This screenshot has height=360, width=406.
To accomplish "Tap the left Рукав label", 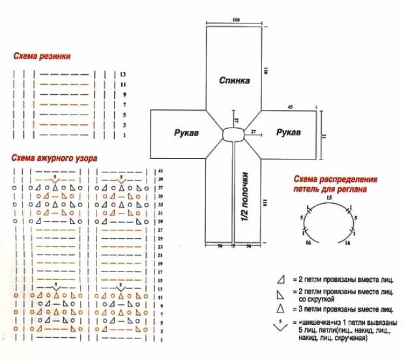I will coord(186,133).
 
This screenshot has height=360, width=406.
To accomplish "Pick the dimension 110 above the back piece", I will coord(235,21).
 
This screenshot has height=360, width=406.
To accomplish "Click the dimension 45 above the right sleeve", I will coord(290,107).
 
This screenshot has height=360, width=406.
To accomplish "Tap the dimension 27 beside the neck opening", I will coord(253,132).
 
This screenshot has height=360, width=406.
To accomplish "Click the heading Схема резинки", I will coord(41,57).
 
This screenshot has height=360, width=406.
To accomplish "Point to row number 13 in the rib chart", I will coord(122,75).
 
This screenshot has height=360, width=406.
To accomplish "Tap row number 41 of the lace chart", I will coord(160,171).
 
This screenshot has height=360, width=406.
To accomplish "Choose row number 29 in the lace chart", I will coord(160,222).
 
